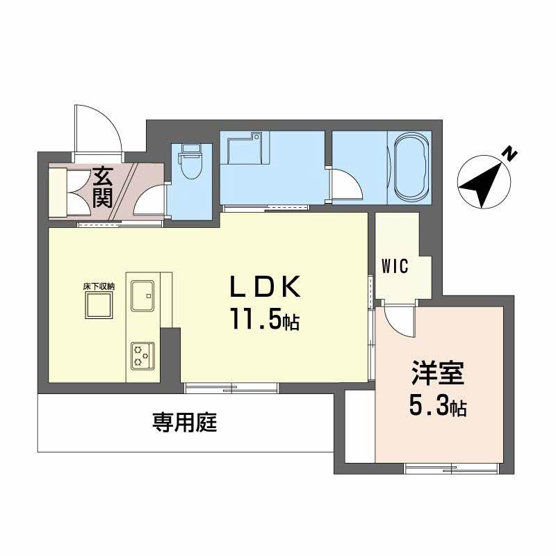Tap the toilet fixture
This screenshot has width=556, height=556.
click(188, 163)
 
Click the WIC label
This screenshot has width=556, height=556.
click(394, 266)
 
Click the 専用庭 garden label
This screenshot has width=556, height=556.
click(185, 423)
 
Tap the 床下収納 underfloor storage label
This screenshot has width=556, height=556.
click(99, 286)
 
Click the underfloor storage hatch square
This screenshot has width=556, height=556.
click(99, 304)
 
